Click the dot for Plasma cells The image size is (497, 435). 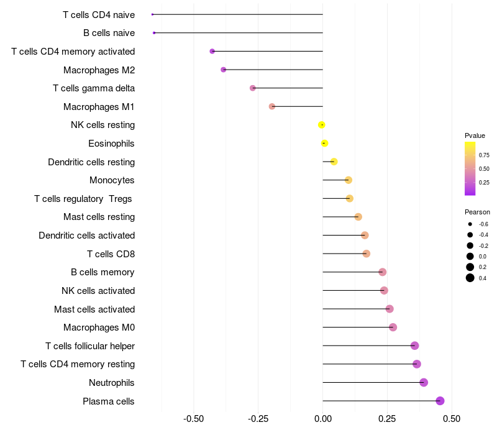coord(440,401)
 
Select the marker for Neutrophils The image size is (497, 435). coord(424,382)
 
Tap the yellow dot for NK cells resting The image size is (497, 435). coord(322,125)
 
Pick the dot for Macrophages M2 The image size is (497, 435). coord(224,70)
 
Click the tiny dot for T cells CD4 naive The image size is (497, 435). coord(152,14)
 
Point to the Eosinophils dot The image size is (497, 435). coord(324,144)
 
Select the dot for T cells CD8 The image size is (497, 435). coord(366,254)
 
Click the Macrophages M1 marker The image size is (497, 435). coord(272,107)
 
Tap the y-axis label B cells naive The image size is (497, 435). coord(109,33)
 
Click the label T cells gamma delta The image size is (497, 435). coord(94,88)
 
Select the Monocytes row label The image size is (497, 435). coord(112,180)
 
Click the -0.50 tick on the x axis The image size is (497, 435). coord(194,419)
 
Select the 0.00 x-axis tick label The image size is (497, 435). coord(323,419)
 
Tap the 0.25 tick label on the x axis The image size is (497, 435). coord(387,419)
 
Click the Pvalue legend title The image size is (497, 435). coord(475,135)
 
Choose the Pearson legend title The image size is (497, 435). coord(477,212)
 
